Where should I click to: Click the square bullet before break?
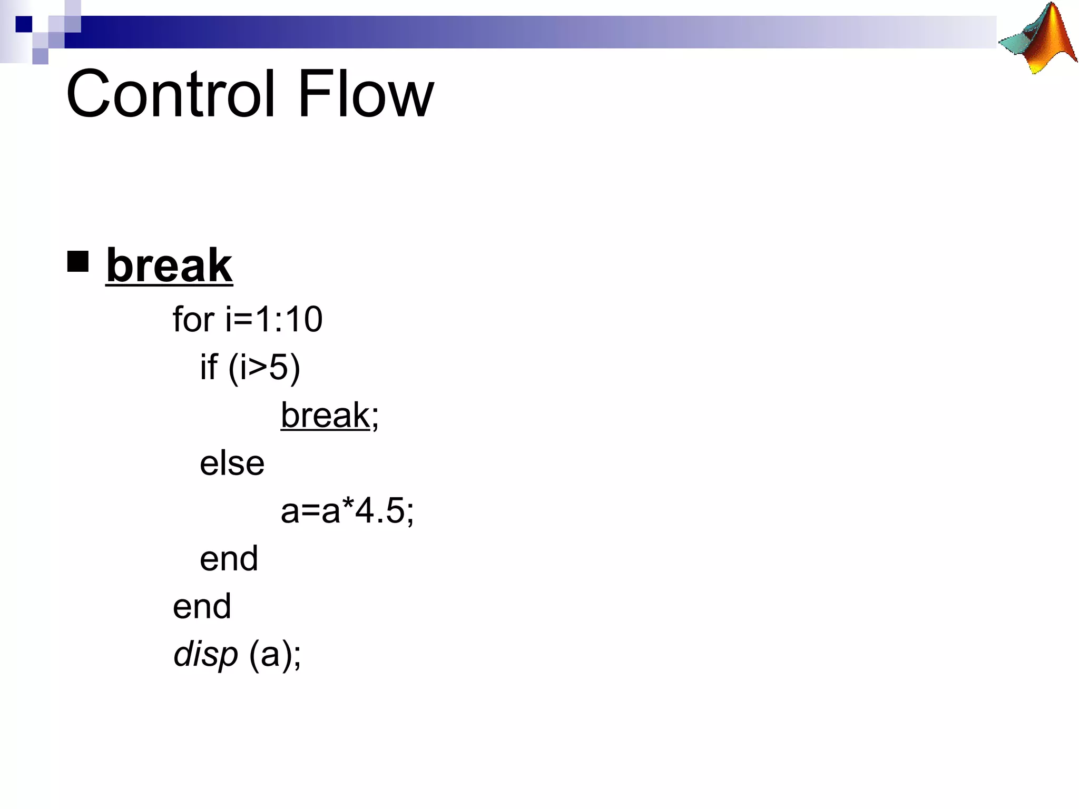pyautogui.click(x=78, y=261)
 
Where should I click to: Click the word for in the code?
pyautogui.click(x=193, y=320)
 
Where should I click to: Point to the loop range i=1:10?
pyautogui.click(x=274, y=320)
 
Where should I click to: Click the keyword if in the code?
pyautogui.click(x=209, y=367)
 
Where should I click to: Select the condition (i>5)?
pyautogui.click(x=264, y=367)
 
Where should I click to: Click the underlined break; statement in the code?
pyautogui.click(x=329, y=416)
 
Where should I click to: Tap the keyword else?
pyautogui.click(x=232, y=463)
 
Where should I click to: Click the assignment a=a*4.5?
pyautogui.click(x=347, y=511)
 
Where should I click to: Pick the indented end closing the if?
pyautogui.click(x=229, y=559)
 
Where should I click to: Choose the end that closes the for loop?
pyautogui.click(x=202, y=606)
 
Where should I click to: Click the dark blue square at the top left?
pyautogui.click(x=24, y=24)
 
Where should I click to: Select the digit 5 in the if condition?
pyautogui.click(x=279, y=367)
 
